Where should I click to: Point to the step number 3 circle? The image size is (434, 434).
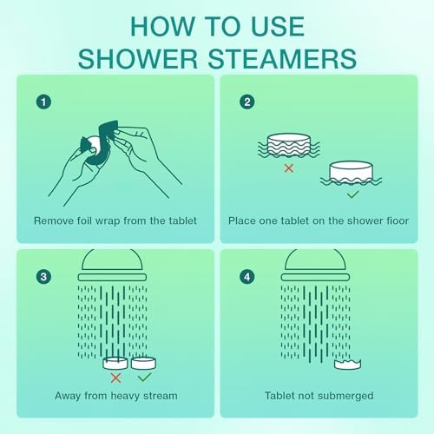coord(42,278)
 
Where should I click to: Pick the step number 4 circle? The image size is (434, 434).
coord(248,278)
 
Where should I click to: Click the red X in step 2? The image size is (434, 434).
coord(288,167)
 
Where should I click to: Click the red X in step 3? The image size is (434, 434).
coord(115,378)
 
